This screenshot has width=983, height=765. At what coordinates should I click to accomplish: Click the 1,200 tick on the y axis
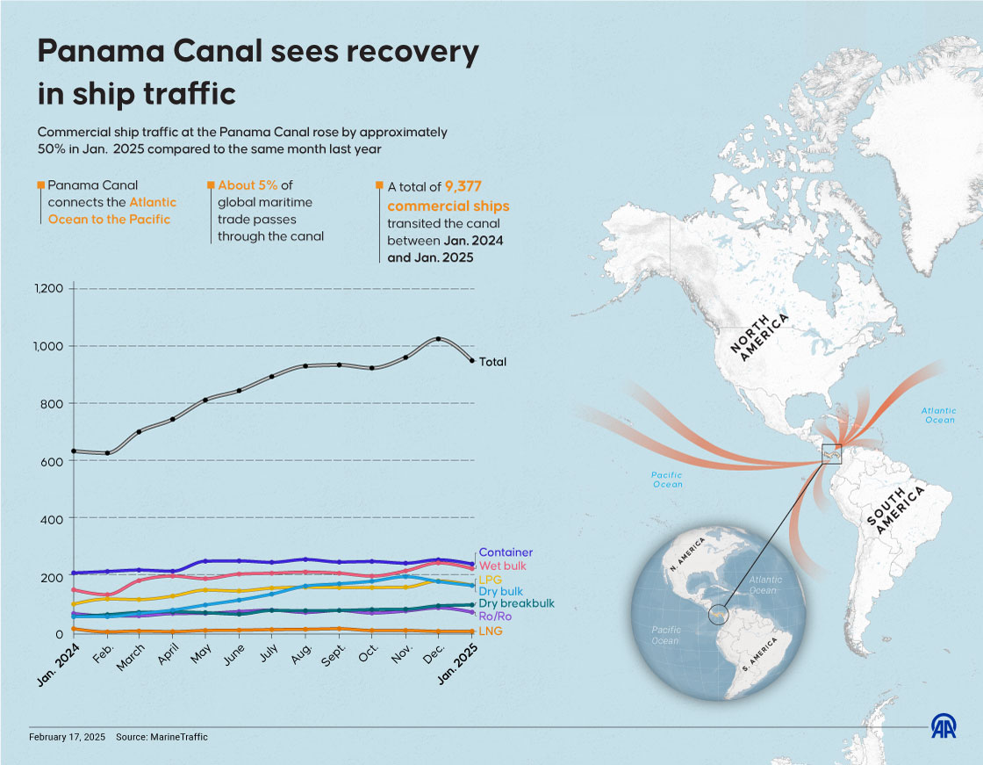click(48, 289)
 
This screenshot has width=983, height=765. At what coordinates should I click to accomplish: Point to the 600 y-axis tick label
click(53, 461)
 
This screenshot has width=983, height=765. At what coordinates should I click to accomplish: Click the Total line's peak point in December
click(438, 339)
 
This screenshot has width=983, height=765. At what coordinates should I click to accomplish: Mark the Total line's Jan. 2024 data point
click(74, 451)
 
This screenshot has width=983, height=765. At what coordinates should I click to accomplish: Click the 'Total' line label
click(492, 362)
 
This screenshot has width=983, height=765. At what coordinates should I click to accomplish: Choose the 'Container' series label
click(505, 552)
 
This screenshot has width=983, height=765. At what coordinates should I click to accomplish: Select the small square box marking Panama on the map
click(830, 454)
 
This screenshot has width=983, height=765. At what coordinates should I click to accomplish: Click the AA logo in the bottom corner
click(944, 726)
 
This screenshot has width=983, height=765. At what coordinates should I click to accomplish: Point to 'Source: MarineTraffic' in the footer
click(161, 737)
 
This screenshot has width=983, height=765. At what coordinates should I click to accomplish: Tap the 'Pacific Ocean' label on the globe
click(666, 635)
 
